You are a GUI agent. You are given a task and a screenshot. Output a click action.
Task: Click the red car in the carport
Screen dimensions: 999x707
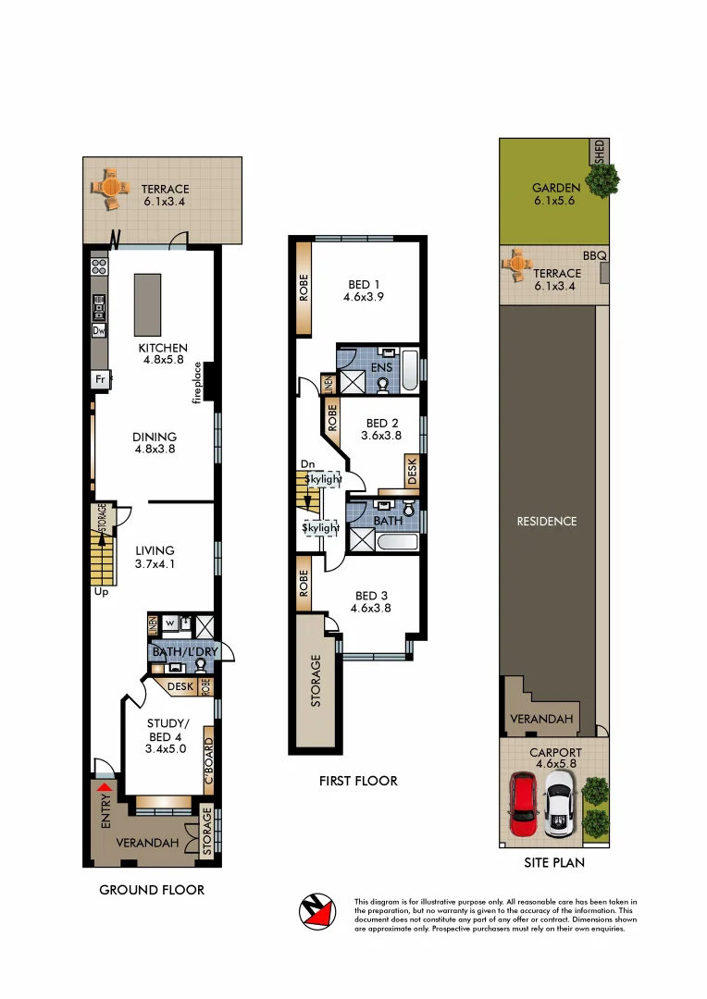pyautogui.click(x=525, y=806)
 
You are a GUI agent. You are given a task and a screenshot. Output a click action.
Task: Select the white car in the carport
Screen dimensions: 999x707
pyautogui.click(x=560, y=806)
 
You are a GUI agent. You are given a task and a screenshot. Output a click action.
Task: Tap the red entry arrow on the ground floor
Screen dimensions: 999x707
pyautogui.click(x=105, y=787)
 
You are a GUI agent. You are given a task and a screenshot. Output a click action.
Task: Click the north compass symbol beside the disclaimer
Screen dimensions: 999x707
pyautogui.click(x=317, y=912)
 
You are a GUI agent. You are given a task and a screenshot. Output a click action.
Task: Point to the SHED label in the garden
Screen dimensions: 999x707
pyautogui.click(x=599, y=152)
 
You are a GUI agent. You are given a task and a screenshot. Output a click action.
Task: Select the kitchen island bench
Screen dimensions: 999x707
pyautogui.click(x=146, y=304)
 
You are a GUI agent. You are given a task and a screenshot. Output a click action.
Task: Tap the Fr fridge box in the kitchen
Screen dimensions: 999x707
pyautogui.click(x=99, y=379)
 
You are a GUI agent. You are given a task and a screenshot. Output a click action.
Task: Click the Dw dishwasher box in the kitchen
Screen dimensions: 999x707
pyautogui.click(x=98, y=330)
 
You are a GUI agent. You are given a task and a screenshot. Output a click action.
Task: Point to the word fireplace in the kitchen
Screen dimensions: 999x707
pyautogui.click(x=197, y=382)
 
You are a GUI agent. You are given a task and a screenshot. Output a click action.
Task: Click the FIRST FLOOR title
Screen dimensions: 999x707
pyautogui.click(x=358, y=781)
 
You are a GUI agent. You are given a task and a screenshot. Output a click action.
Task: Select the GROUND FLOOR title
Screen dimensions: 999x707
pyautogui.click(x=152, y=890)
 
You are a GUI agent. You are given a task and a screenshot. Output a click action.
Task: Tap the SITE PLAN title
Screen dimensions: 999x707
pyautogui.click(x=552, y=862)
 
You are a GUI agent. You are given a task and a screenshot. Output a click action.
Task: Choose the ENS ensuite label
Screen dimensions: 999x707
pyautogui.click(x=381, y=367)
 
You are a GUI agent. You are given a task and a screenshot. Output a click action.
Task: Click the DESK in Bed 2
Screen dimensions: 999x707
pyautogui.click(x=412, y=471)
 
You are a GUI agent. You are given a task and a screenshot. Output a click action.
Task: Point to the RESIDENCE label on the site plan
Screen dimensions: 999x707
pyautogui.click(x=546, y=521)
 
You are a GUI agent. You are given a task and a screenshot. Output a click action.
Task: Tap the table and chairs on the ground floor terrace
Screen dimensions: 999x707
pyautogui.click(x=109, y=188)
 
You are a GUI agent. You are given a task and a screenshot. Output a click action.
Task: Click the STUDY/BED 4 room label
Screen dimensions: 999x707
pyautogui.click(x=167, y=737)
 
